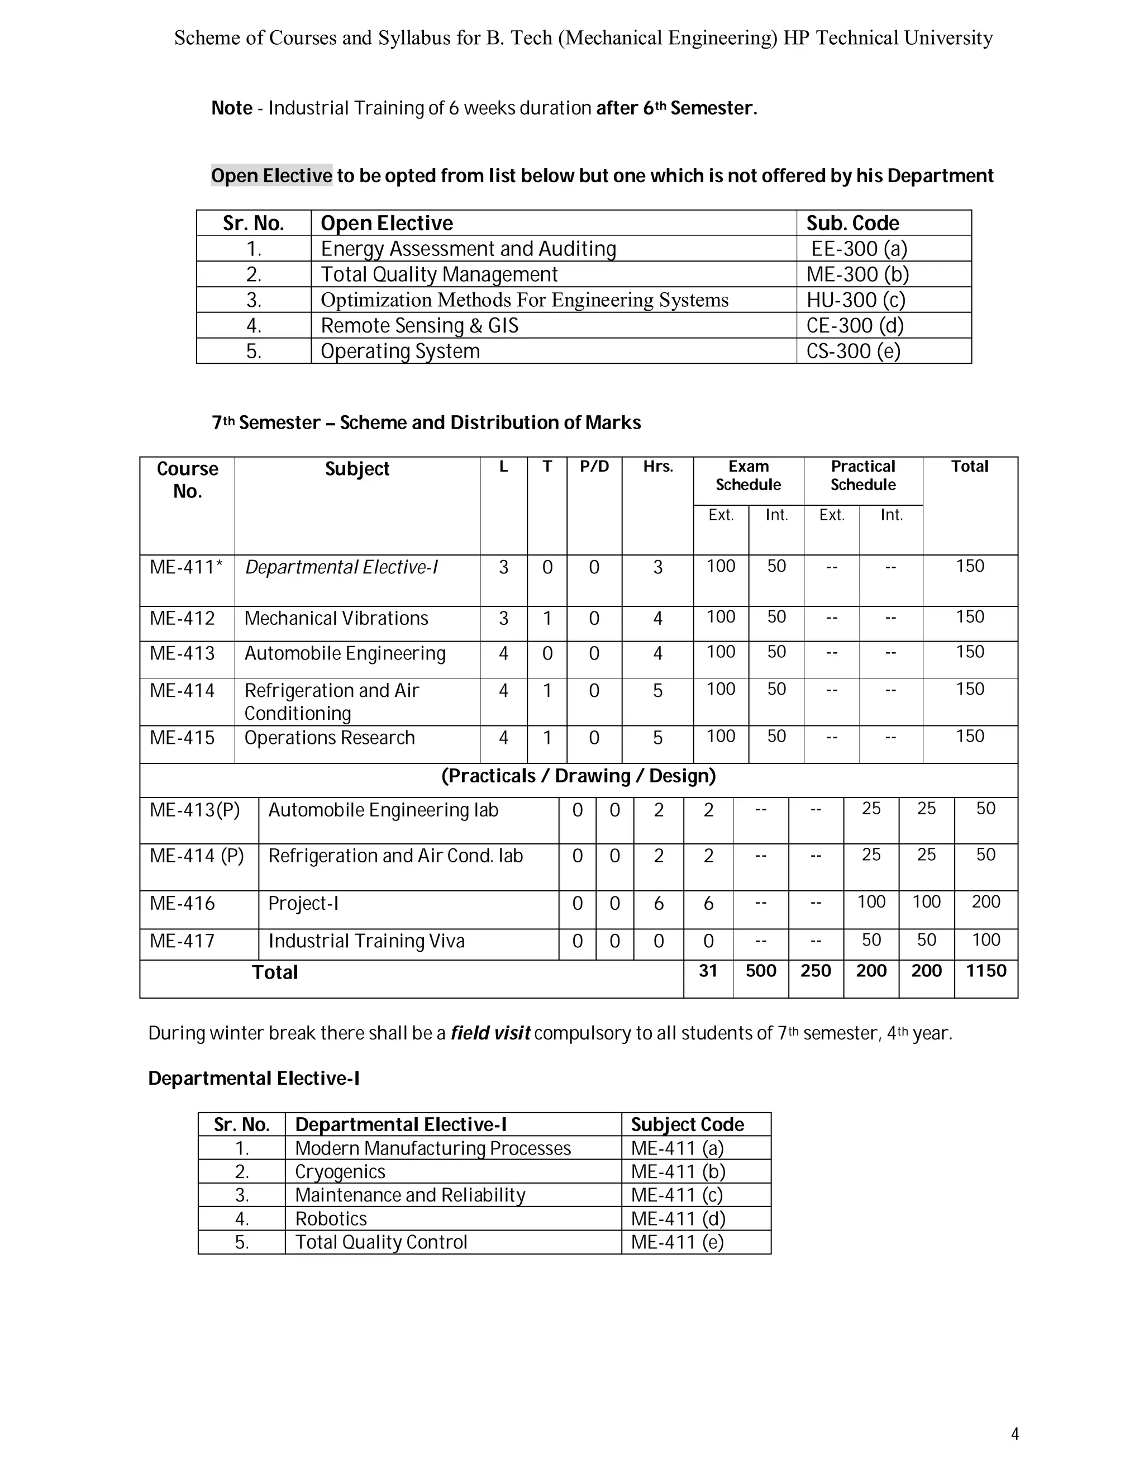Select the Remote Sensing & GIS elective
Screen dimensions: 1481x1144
[x=419, y=325]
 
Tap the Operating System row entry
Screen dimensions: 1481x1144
[x=400, y=352]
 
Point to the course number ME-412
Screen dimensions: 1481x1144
[x=182, y=619]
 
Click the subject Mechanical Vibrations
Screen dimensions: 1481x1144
[x=336, y=619]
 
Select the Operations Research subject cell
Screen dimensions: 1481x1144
[x=330, y=738]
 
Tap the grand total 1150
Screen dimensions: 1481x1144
[x=985, y=971]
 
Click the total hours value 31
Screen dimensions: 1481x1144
[x=708, y=971]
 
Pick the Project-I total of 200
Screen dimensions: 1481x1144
[x=985, y=902]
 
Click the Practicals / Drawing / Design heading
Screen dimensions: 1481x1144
[x=578, y=776]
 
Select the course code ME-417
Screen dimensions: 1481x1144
[x=182, y=941]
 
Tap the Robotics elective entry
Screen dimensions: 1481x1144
[x=331, y=1218]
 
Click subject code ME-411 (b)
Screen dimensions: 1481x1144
[x=678, y=1172]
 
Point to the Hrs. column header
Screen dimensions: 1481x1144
[x=657, y=467]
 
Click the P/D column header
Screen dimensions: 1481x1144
[x=594, y=467]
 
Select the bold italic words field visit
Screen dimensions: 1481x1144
[x=490, y=1033]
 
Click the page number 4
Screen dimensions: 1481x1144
[x=1014, y=1433]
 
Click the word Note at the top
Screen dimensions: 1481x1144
[x=232, y=108]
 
